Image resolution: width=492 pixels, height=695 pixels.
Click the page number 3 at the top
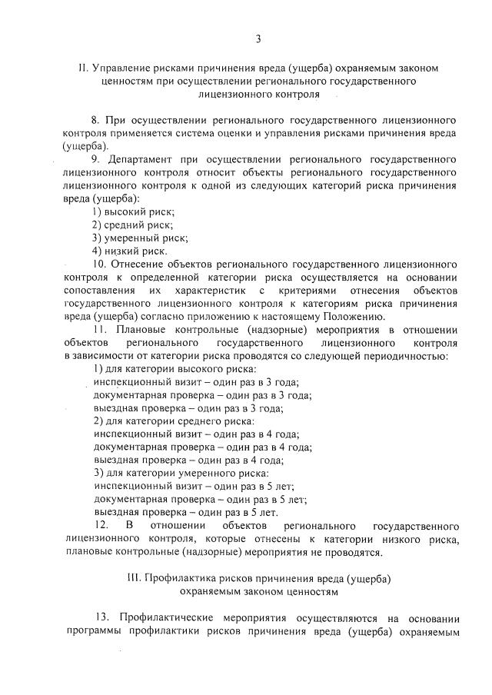(x=258, y=38)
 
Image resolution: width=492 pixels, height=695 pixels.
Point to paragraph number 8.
(x=95, y=121)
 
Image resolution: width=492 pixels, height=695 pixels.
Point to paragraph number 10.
(x=98, y=264)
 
